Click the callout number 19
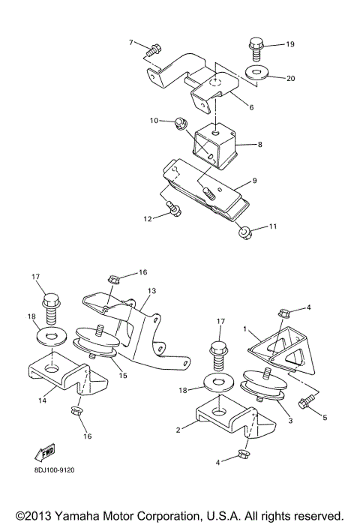click(290, 45)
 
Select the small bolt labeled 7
click(154, 51)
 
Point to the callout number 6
click(251, 107)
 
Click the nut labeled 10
click(181, 121)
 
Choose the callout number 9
click(255, 181)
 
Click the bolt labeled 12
click(174, 211)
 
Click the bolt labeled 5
click(304, 403)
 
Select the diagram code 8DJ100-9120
click(54, 470)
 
